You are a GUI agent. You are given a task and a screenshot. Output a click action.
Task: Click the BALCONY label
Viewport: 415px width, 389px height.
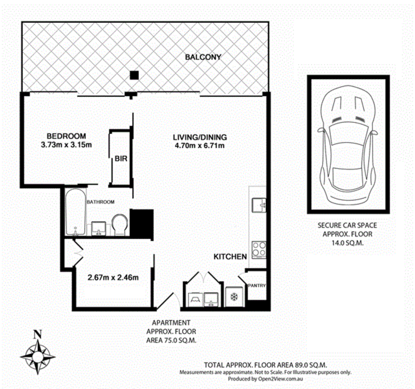tap(203, 57)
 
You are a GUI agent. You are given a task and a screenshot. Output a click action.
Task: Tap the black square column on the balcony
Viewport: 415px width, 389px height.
tap(134, 75)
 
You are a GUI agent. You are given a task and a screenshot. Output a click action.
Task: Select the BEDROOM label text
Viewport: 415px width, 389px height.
tap(66, 136)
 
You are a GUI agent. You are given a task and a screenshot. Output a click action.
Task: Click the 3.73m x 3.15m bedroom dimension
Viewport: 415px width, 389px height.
tap(66, 145)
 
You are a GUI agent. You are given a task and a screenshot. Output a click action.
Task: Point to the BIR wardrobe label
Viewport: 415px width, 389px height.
tap(121, 159)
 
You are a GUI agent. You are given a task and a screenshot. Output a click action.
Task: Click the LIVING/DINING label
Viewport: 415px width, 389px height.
tap(200, 137)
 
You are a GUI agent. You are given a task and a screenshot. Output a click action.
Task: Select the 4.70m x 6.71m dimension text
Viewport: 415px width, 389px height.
tap(200, 145)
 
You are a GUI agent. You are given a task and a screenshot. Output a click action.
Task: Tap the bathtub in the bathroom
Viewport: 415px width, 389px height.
tap(75, 212)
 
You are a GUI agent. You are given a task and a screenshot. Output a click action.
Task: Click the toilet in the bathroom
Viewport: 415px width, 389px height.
tap(120, 225)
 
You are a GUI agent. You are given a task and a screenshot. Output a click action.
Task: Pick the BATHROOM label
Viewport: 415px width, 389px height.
tap(101, 202)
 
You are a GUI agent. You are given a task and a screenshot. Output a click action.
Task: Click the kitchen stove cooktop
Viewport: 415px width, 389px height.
tap(259, 250)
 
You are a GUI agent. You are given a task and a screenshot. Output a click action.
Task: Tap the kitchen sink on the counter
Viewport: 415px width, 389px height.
tap(259, 205)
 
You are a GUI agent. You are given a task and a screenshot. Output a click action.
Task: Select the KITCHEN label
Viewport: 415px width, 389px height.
tap(230, 257)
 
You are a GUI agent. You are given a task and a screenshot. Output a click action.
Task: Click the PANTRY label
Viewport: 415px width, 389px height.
tap(257, 285)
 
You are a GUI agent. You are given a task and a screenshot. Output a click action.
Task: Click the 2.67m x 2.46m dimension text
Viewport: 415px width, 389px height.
tap(113, 278)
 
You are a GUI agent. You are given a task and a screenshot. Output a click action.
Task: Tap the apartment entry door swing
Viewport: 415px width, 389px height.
tap(169, 301)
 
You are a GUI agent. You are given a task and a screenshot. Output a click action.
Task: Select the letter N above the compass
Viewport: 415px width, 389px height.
tap(37, 335)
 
